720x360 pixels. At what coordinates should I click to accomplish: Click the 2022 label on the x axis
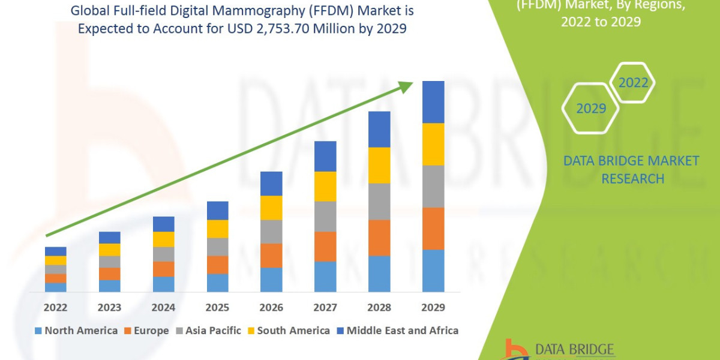coord(55,307)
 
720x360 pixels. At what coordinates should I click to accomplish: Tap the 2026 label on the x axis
coord(271,307)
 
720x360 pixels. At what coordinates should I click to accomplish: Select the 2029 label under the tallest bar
coord(433,307)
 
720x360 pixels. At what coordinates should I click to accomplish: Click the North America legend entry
coord(76,331)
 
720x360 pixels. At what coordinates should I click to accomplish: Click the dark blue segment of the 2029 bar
coord(433,102)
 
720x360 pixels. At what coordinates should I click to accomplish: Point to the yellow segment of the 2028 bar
coord(379,165)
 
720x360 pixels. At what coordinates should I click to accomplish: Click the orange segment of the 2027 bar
coord(325,247)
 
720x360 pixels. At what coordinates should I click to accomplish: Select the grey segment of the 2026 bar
coord(271,232)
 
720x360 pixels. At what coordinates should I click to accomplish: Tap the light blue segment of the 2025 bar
coord(217,283)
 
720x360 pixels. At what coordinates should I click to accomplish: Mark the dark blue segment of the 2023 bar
coord(109,238)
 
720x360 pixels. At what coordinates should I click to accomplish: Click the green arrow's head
coord(406,86)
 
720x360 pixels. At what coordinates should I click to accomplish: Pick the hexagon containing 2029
coord(590,109)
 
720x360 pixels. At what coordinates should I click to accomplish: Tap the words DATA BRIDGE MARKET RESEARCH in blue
coord(632,170)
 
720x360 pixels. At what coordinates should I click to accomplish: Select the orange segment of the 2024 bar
coord(163,269)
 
